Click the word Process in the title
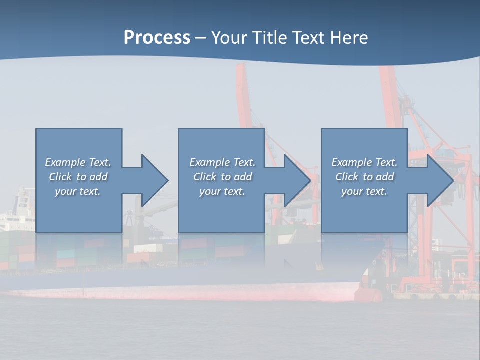[157, 38]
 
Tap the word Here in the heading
[349, 38]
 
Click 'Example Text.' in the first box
[78, 162]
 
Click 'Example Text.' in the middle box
[222, 162]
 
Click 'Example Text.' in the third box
[364, 162]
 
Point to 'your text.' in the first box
[78, 191]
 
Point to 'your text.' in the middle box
[222, 191]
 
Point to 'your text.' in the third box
[364, 191]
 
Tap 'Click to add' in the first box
[78, 177]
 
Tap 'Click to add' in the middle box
[222, 177]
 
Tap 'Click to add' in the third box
[364, 177]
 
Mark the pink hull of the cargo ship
[200, 292]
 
